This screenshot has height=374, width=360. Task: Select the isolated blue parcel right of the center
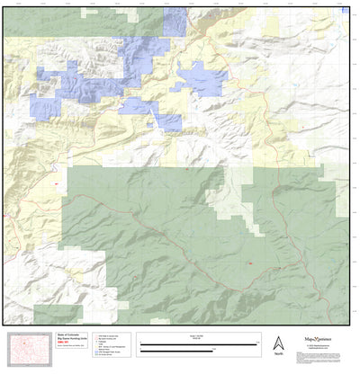[x=202, y=81]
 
